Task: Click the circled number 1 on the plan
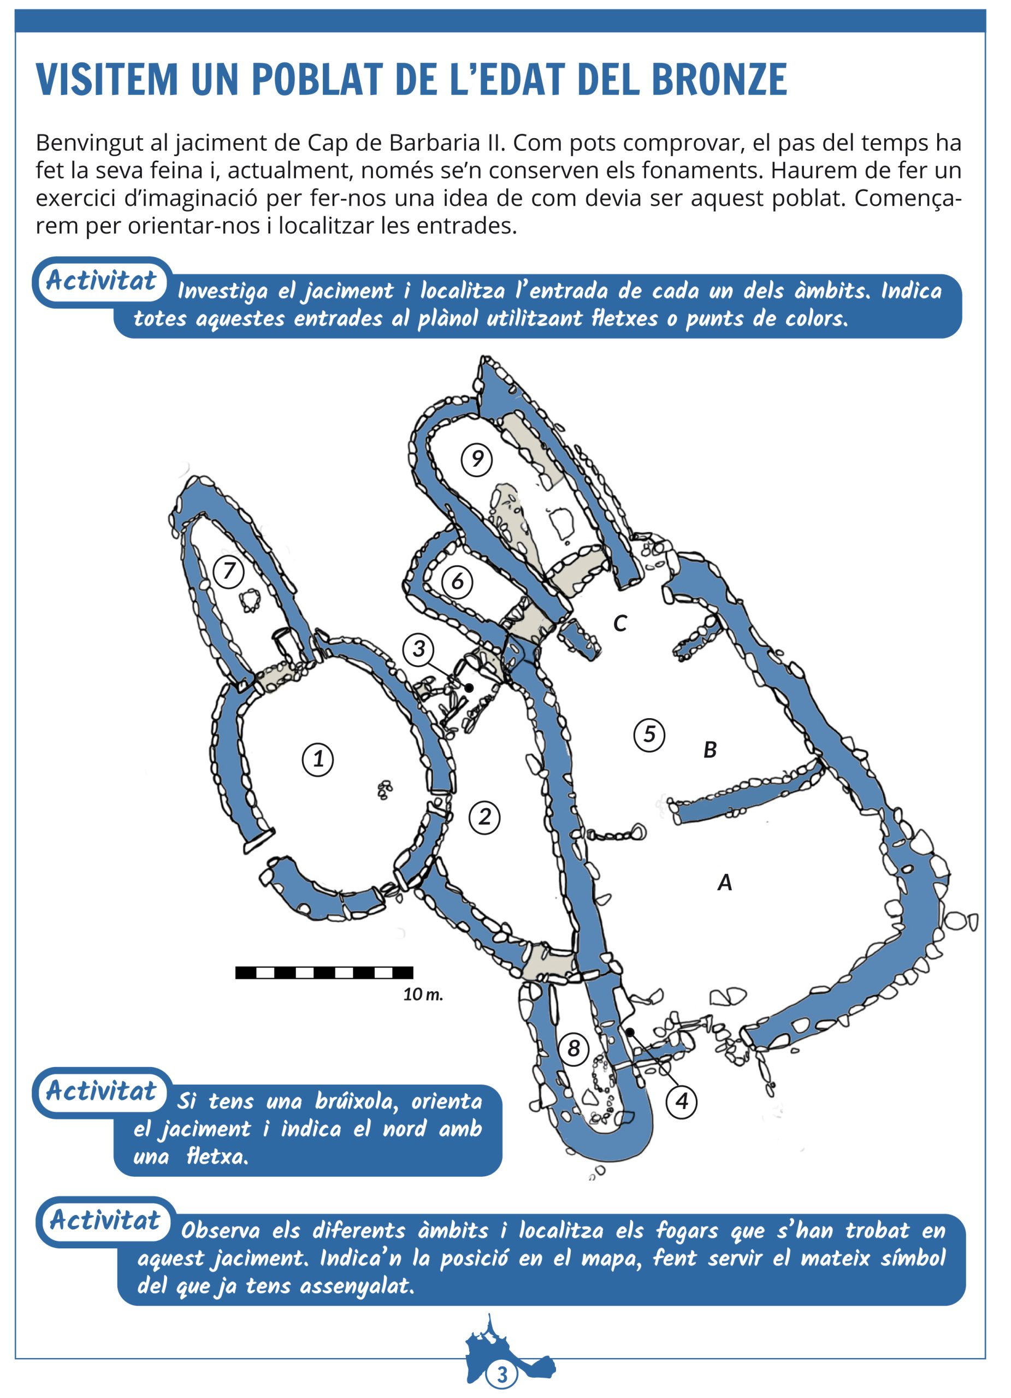click(x=317, y=759)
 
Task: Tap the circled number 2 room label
click(x=484, y=818)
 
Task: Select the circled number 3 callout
click(x=418, y=648)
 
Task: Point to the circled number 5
click(x=649, y=734)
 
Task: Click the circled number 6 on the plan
click(x=457, y=581)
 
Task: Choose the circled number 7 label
click(x=229, y=571)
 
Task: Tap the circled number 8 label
click(x=574, y=1048)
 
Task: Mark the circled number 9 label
click(x=476, y=459)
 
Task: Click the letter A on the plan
click(x=725, y=882)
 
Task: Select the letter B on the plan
click(x=710, y=750)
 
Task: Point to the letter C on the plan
click(x=620, y=624)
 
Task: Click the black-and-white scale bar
click(x=324, y=973)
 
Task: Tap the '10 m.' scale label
click(x=423, y=994)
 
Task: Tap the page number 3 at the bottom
click(x=502, y=1375)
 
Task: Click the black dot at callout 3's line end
click(x=469, y=688)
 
